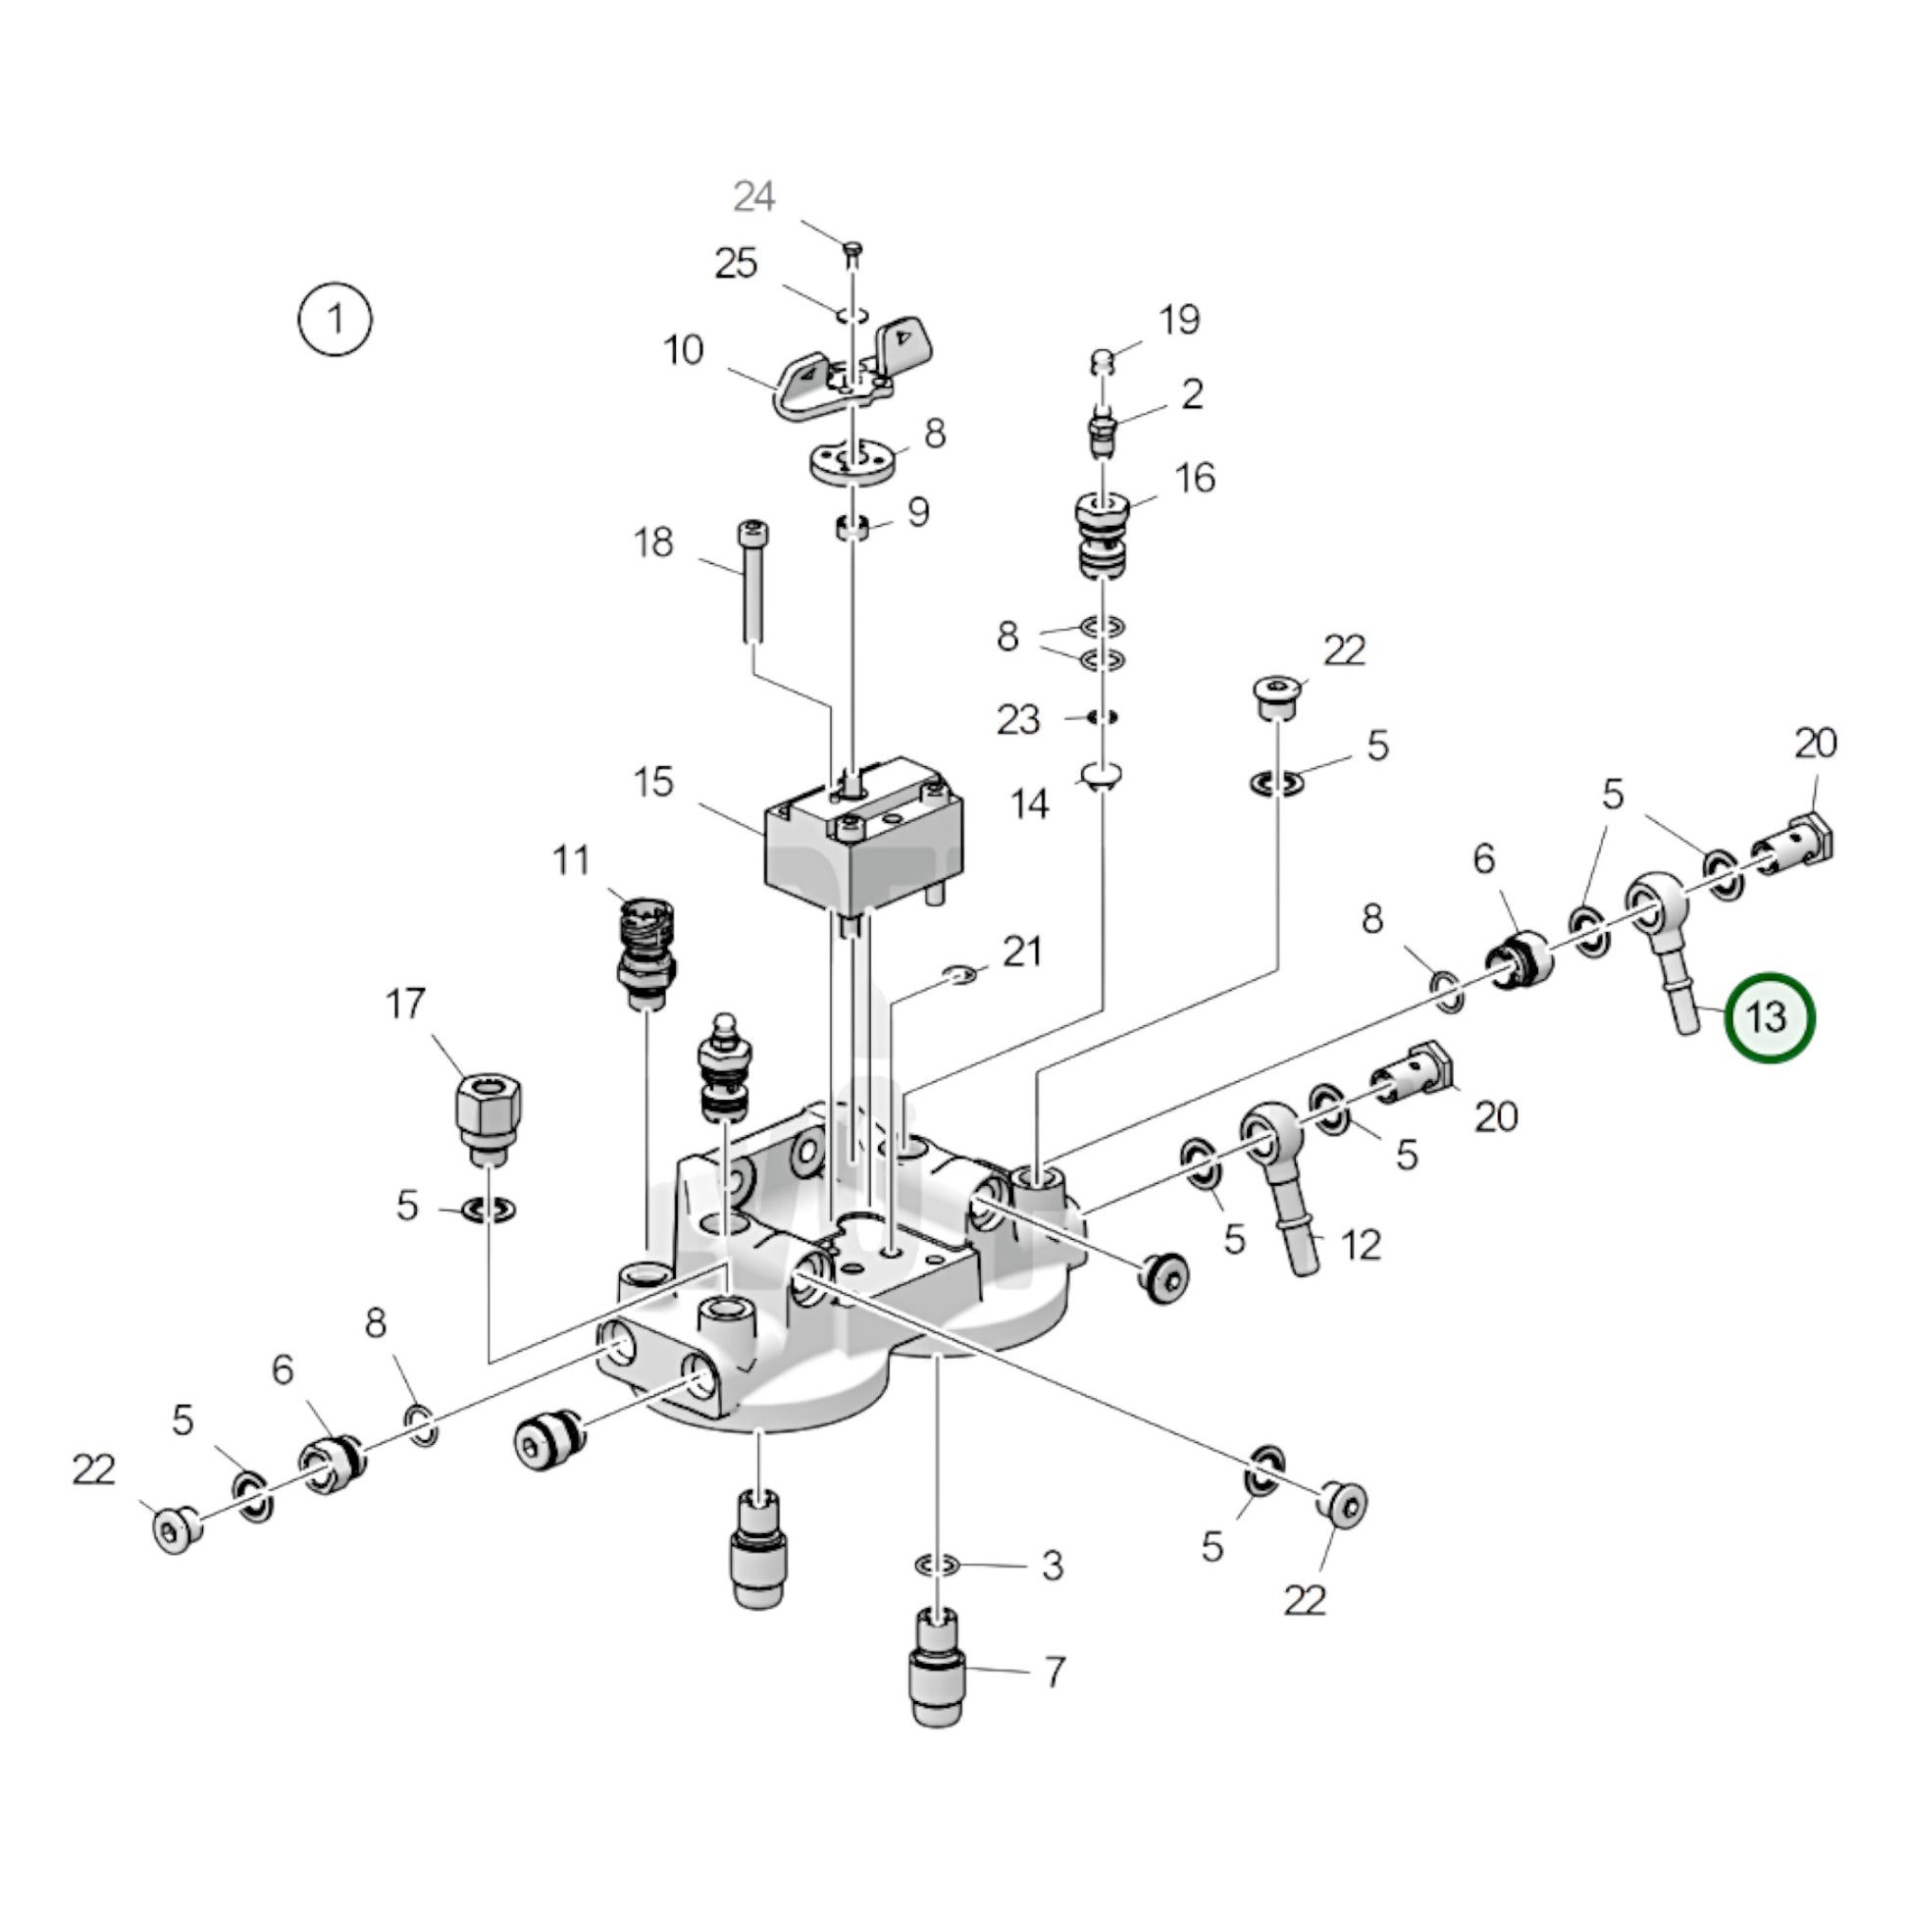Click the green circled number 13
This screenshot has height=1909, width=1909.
tap(1769, 1017)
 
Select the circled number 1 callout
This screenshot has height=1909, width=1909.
tap(335, 320)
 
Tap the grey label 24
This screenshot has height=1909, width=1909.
tap(754, 197)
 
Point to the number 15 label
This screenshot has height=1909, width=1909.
tap(653, 782)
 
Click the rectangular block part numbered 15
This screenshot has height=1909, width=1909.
tap(862, 838)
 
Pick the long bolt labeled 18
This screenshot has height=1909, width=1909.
tap(751, 583)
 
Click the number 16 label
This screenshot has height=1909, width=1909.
tap(1195, 479)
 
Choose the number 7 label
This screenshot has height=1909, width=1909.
tap(1055, 1672)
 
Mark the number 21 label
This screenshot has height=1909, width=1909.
tap(1022, 952)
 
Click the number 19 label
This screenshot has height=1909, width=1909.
tap(1179, 319)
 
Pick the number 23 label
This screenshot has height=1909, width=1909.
tap(1018, 720)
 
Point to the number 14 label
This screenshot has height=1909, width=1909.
tap(1029, 804)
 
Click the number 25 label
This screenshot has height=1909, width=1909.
tap(736, 264)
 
